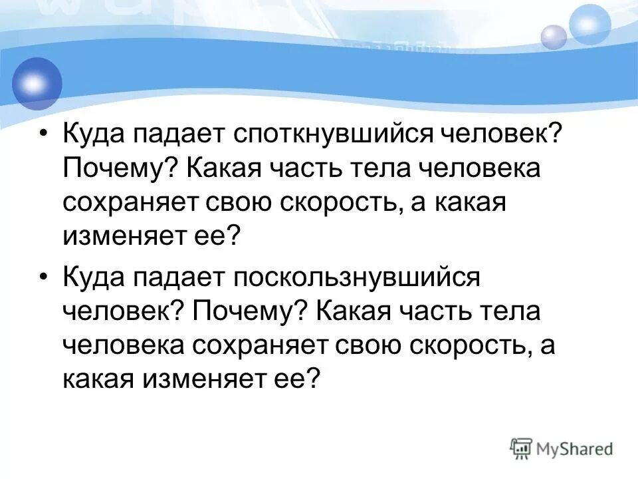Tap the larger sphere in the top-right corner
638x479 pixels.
point(589,24)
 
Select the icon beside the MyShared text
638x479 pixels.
point(521,448)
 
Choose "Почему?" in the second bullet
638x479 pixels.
point(247,311)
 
